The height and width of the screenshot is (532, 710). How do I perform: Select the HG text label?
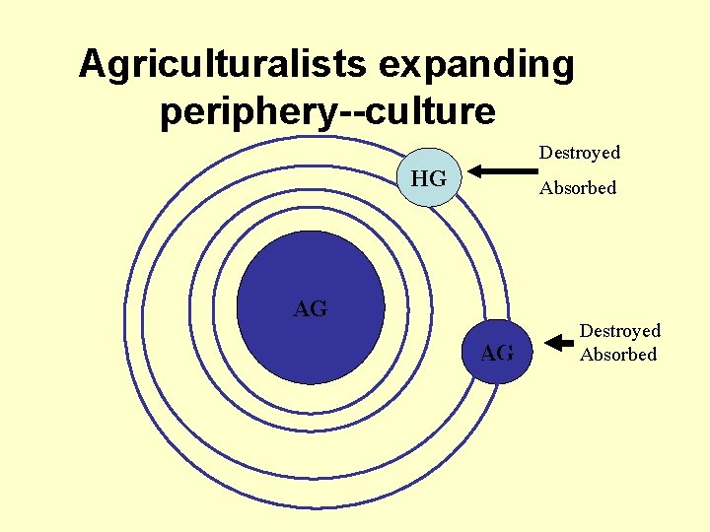coord(429,179)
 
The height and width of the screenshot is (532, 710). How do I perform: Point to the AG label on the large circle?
coord(311,309)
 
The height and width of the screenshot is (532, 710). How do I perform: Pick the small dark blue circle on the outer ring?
coord(497,352)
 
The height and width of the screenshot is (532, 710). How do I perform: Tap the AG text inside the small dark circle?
coord(497,353)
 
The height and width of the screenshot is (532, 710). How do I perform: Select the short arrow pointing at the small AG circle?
coord(559,343)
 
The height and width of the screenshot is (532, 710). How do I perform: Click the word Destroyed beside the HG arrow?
coord(579,153)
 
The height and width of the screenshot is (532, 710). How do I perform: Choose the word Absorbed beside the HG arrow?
coord(577,188)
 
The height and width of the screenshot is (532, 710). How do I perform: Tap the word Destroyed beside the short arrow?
coord(619,331)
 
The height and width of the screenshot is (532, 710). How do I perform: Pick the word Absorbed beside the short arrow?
coord(617,355)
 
